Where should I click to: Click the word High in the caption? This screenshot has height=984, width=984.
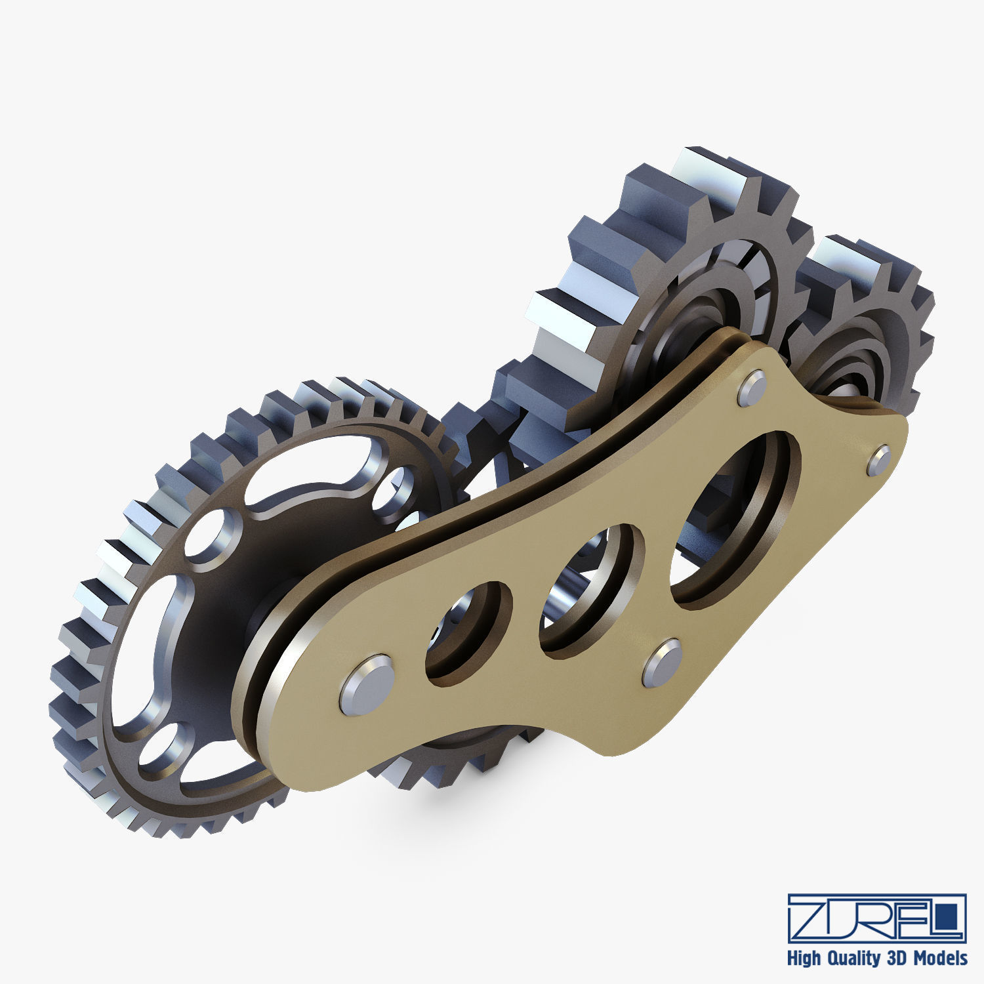[803, 958]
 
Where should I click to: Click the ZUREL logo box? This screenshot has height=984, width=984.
[877, 917]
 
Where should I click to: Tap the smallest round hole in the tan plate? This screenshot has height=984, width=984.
[467, 630]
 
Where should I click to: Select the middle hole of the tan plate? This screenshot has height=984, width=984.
[590, 588]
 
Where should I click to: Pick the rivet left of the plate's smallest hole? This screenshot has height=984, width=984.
[367, 684]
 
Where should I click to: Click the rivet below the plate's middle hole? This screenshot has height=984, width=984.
[662, 663]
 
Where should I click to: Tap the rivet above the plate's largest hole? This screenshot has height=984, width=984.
[752, 388]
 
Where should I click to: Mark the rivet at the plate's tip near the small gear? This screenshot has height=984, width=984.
[878, 460]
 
